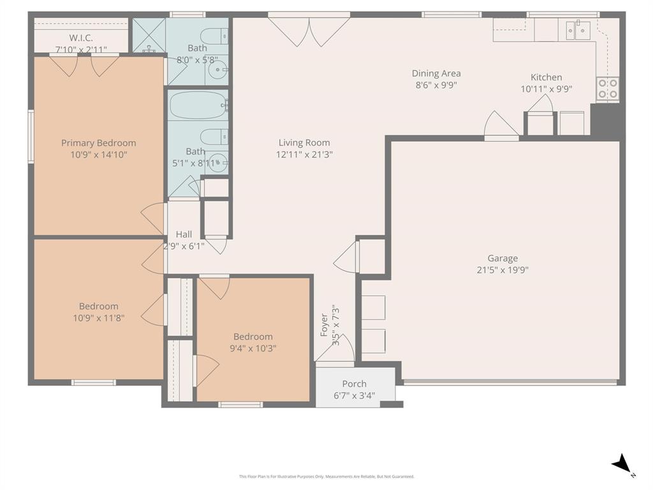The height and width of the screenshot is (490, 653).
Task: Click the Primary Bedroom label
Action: pos(98,143)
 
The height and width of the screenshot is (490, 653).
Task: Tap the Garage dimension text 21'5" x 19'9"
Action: pos(503,269)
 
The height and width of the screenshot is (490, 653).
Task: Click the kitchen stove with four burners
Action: pos(607,89)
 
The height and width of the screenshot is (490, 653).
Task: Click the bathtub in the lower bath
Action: pos(197,105)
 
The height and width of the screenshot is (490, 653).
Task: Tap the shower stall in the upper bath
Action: pos(149,35)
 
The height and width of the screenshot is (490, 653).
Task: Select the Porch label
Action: pos(354,383)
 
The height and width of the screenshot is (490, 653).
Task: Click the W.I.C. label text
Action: pos(81,38)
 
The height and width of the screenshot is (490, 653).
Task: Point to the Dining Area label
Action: pos(436,73)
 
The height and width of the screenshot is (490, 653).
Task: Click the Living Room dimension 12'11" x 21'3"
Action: pos(304,154)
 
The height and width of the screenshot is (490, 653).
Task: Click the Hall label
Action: pos(184,234)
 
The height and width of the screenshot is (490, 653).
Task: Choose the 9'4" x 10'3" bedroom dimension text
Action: pos(253,348)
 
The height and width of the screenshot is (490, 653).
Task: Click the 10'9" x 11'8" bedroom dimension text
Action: pos(98,317)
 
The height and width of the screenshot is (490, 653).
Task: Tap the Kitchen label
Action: pos(547,77)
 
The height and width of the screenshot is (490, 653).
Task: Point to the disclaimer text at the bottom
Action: pos(326,476)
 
